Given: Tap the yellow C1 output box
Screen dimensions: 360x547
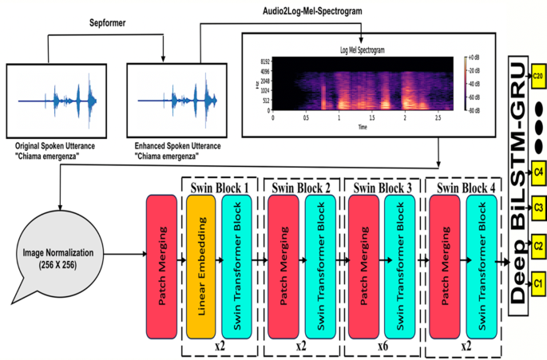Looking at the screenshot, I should pyautogui.click(x=538, y=283).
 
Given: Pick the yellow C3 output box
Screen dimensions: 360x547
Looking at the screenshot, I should pyautogui.click(x=538, y=208).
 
